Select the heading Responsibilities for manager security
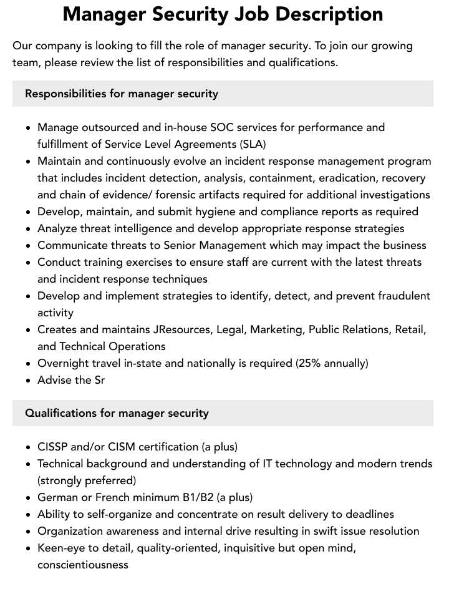tap(122, 94)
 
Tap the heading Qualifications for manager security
tap(117, 413)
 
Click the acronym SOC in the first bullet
tap(223, 127)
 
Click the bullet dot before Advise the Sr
tap(29, 380)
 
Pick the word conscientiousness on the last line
tap(83, 565)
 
